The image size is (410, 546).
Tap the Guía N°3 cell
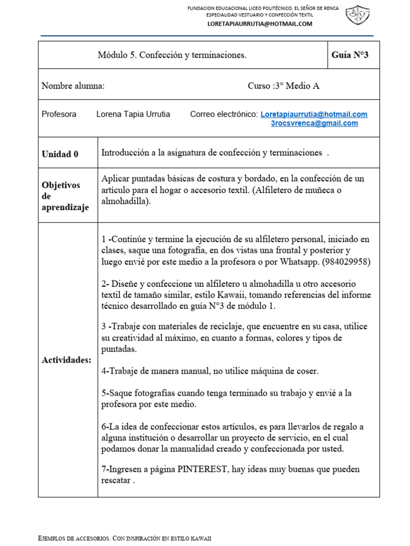350,55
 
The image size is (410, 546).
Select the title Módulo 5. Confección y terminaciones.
172,55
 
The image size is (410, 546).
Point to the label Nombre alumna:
73,86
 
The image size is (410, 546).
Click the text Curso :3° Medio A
283,86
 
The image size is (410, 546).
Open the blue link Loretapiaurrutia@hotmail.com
314,114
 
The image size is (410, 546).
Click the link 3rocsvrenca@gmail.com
314,123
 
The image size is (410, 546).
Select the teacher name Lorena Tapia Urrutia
133,114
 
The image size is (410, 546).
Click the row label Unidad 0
60,154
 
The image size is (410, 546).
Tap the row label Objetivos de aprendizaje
65,196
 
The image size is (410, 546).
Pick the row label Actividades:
67,360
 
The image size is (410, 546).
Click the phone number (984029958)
346,262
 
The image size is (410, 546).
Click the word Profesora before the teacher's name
59,114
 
